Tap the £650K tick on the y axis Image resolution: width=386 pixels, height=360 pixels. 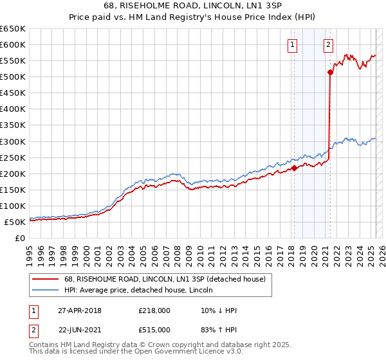(x=13, y=29)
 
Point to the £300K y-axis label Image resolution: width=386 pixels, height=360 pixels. (x=13, y=141)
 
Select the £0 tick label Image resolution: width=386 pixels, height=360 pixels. (x=19, y=238)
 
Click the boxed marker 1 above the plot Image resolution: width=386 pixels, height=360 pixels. (x=293, y=44)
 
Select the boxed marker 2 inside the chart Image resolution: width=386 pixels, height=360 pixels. (x=328, y=44)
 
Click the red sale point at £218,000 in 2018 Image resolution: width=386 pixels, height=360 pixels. (x=294, y=168)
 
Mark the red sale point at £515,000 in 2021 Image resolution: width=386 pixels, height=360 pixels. (x=330, y=72)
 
